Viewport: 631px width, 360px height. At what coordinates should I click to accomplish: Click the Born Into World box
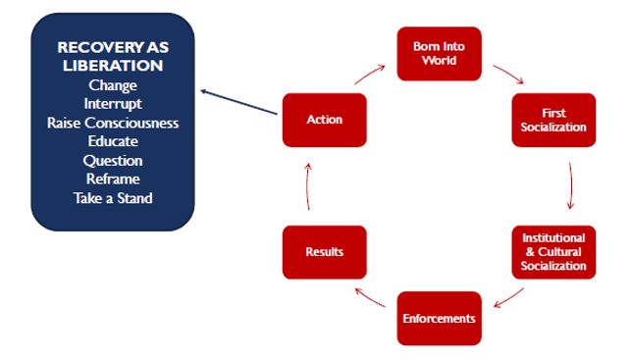pos(438,53)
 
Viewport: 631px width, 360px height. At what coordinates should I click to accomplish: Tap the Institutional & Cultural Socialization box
pos(553,252)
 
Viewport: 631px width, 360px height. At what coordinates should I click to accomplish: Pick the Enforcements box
pos(439,318)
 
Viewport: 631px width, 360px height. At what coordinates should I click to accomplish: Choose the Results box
pos(324,252)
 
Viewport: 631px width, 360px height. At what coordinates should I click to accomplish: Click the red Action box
pos(324,120)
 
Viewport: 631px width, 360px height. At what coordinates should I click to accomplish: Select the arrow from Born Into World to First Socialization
pos(507,75)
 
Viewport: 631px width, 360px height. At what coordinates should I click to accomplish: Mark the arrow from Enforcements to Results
pos(370,297)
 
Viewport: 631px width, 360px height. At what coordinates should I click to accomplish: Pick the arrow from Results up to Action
pos(308,186)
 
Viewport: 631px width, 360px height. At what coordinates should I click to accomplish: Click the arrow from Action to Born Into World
pos(369,74)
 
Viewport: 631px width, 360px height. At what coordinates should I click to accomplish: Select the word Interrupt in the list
pos(113,104)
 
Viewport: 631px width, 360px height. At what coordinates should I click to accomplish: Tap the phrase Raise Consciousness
pos(113,123)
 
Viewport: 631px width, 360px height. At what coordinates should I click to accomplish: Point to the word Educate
pos(113,141)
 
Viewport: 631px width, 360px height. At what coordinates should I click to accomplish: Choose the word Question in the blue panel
pos(113,160)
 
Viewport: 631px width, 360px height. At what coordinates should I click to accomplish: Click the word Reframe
pos(113,179)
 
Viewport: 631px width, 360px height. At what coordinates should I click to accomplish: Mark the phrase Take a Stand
pos(113,197)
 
